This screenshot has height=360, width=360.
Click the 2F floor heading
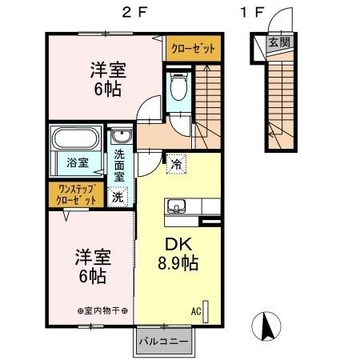[133, 12]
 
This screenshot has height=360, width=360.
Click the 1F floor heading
[253, 12]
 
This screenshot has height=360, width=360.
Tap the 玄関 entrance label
[278, 42]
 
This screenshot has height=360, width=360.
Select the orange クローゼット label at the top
[194, 49]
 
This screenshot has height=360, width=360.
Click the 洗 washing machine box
[118, 194]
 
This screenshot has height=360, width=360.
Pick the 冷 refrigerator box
[175, 164]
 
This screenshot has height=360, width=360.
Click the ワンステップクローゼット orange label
[75, 194]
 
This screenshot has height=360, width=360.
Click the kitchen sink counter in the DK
[177, 206]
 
